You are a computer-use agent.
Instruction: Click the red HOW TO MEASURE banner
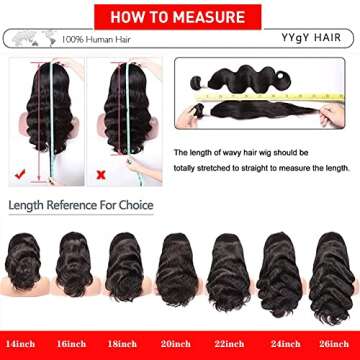(x=180, y=16)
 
